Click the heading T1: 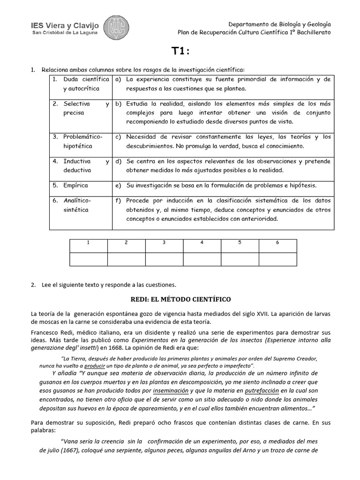tap(180, 52)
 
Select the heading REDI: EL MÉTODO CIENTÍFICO tap(180, 299)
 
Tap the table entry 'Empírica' tap(75, 185)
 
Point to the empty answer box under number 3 tap(164, 259)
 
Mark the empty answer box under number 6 tap(277, 259)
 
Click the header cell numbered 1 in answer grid tap(88, 243)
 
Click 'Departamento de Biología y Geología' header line tap(279, 24)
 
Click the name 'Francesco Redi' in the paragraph tap(50, 330)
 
